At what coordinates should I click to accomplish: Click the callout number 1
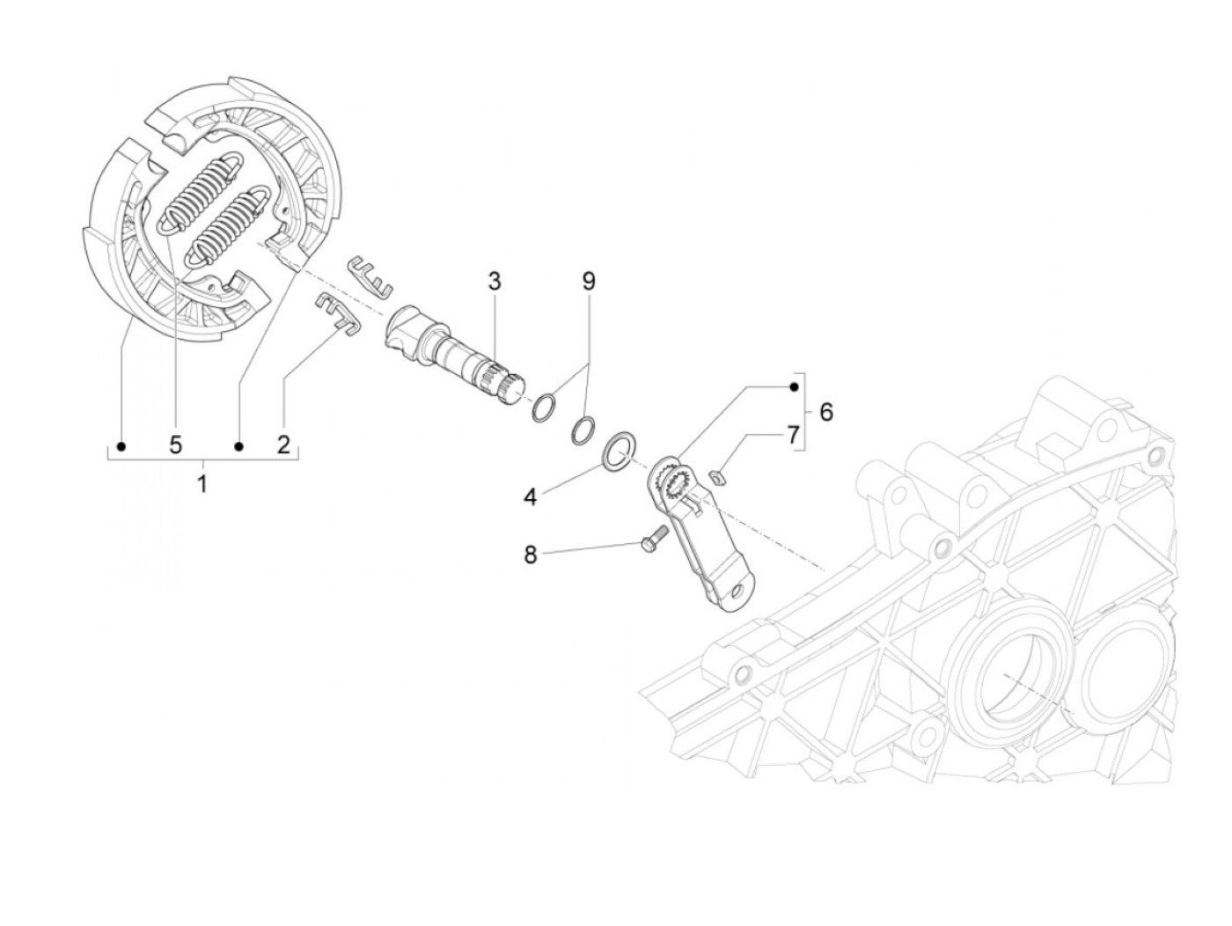(202, 483)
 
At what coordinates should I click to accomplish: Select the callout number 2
(283, 445)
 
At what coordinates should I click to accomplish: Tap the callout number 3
(495, 282)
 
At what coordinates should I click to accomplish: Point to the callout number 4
(530, 497)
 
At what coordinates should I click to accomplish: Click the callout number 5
(176, 445)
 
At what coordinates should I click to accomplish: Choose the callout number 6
(825, 411)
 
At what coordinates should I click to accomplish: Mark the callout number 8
(530, 555)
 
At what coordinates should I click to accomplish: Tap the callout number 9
(589, 282)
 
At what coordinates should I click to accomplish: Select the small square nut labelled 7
(718, 478)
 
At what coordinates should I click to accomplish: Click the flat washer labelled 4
(623, 449)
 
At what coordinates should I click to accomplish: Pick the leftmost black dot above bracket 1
(121, 446)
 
